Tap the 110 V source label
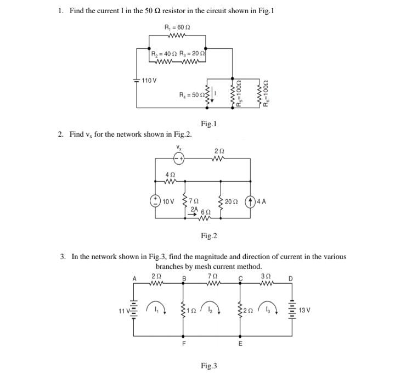149,81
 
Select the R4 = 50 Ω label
191,95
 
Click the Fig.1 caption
208,124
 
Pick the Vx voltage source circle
178,158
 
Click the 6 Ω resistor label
206,212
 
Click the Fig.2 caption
208,236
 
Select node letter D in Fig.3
291,279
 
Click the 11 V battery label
122,311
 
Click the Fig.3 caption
208,365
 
